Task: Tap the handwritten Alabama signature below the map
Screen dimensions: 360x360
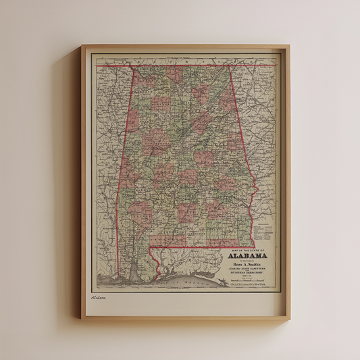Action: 99,296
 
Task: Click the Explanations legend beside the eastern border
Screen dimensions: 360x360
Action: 266,227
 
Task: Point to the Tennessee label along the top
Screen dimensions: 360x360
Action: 182,59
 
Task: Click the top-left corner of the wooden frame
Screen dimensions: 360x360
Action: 82,46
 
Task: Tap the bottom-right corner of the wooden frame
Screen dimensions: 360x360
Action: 288,318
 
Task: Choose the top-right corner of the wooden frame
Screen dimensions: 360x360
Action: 288,46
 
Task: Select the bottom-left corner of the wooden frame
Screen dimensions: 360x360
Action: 82,318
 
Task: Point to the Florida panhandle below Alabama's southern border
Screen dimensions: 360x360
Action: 196,257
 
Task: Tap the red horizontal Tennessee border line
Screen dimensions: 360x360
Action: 182,66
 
